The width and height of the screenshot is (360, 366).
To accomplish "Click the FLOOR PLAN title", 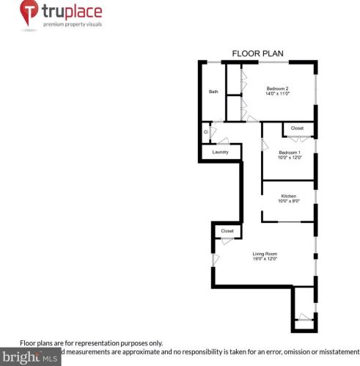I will [x=257, y=53].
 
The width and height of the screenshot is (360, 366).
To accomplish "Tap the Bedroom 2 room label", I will [x=277, y=89].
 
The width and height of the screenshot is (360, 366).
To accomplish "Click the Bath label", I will [x=213, y=92].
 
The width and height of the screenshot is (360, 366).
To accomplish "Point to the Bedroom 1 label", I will [x=289, y=152].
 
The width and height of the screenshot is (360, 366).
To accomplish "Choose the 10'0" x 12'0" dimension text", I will [x=289, y=158].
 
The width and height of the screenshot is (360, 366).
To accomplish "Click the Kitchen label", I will [x=288, y=196].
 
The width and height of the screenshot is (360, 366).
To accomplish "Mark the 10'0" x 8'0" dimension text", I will [x=288, y=202].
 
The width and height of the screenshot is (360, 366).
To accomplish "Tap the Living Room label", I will [x=265, y=254].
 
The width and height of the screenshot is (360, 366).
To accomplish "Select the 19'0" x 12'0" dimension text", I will [x=265, y=260].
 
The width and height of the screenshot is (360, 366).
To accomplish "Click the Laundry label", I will [x=220, y=152].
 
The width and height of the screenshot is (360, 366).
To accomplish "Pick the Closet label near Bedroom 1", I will [x=297, y=128].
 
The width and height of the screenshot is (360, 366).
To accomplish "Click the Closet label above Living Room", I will [x=227, y=231].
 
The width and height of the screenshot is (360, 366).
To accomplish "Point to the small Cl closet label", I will [x=206, y=132].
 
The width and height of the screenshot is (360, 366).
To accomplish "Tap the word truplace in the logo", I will [x=72, y=12].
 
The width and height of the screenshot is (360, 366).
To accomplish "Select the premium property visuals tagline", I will [x=72, y=24].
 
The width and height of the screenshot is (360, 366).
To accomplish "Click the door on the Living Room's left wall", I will [x=215, y=259].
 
